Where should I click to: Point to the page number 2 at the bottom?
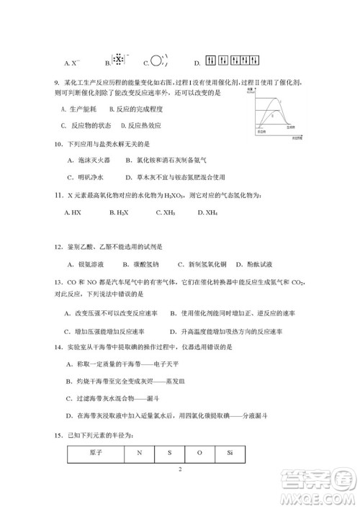point(180,469)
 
